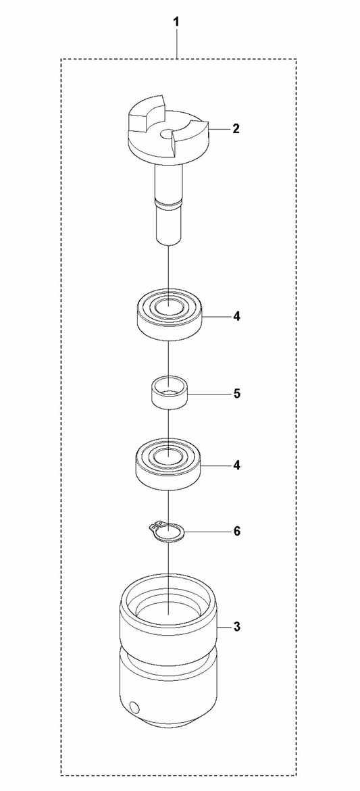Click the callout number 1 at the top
tap(176, 22)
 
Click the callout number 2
tap(236, 129)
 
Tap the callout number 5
tap(236, 393)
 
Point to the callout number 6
tap(236, 531)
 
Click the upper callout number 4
tap(236, 317)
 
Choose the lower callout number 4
tap(236, 465)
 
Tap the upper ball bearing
tap(169, 315)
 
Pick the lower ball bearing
tap(168, 463)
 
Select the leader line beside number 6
tap(208, 531)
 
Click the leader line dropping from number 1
tap(176, 44)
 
